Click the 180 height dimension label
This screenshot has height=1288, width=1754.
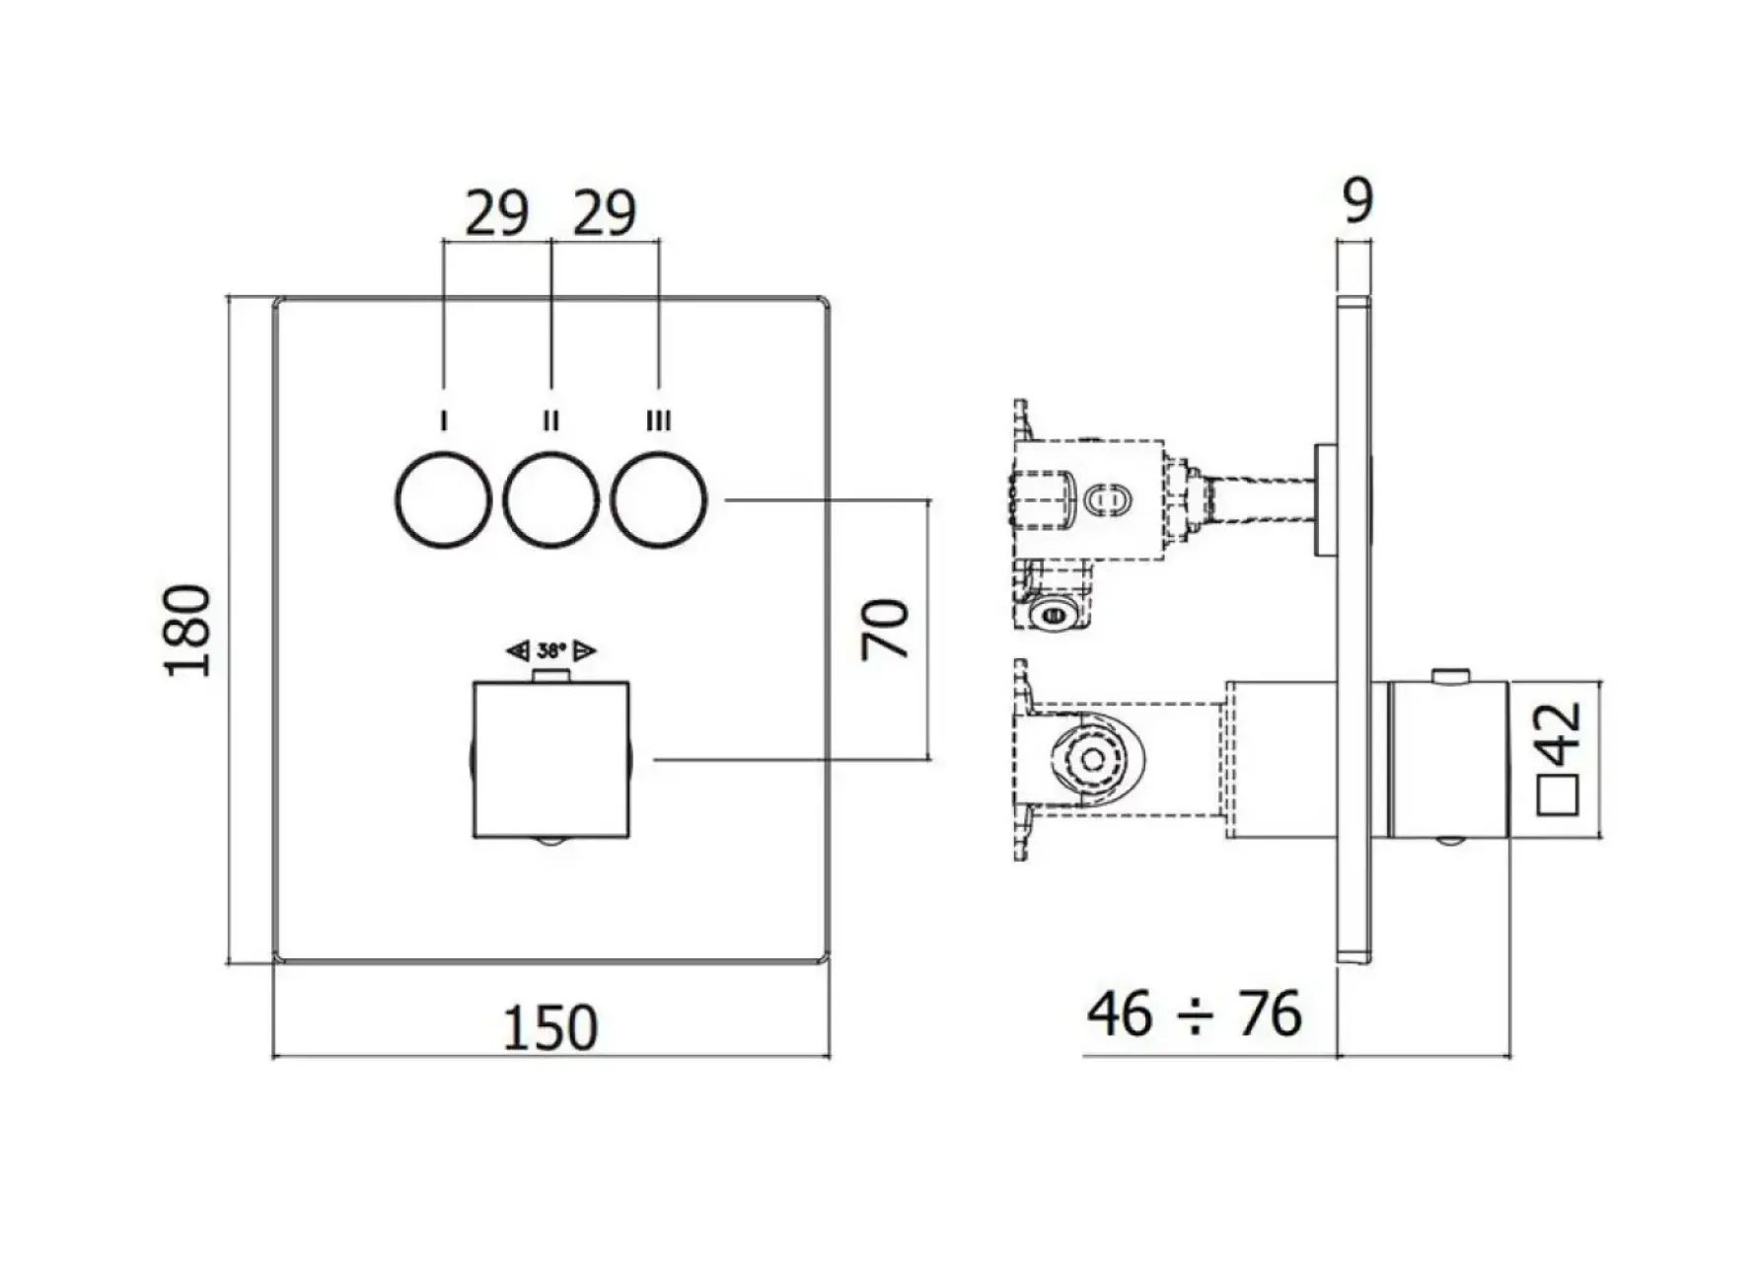(187, 631)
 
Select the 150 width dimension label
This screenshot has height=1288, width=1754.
(550, 1027)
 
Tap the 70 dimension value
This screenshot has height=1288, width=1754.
(886, 629)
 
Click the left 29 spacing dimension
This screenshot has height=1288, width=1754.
(496, 213)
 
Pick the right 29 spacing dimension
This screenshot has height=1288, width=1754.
(605, 213)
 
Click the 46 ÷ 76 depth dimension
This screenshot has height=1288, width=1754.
(1194, 1014)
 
